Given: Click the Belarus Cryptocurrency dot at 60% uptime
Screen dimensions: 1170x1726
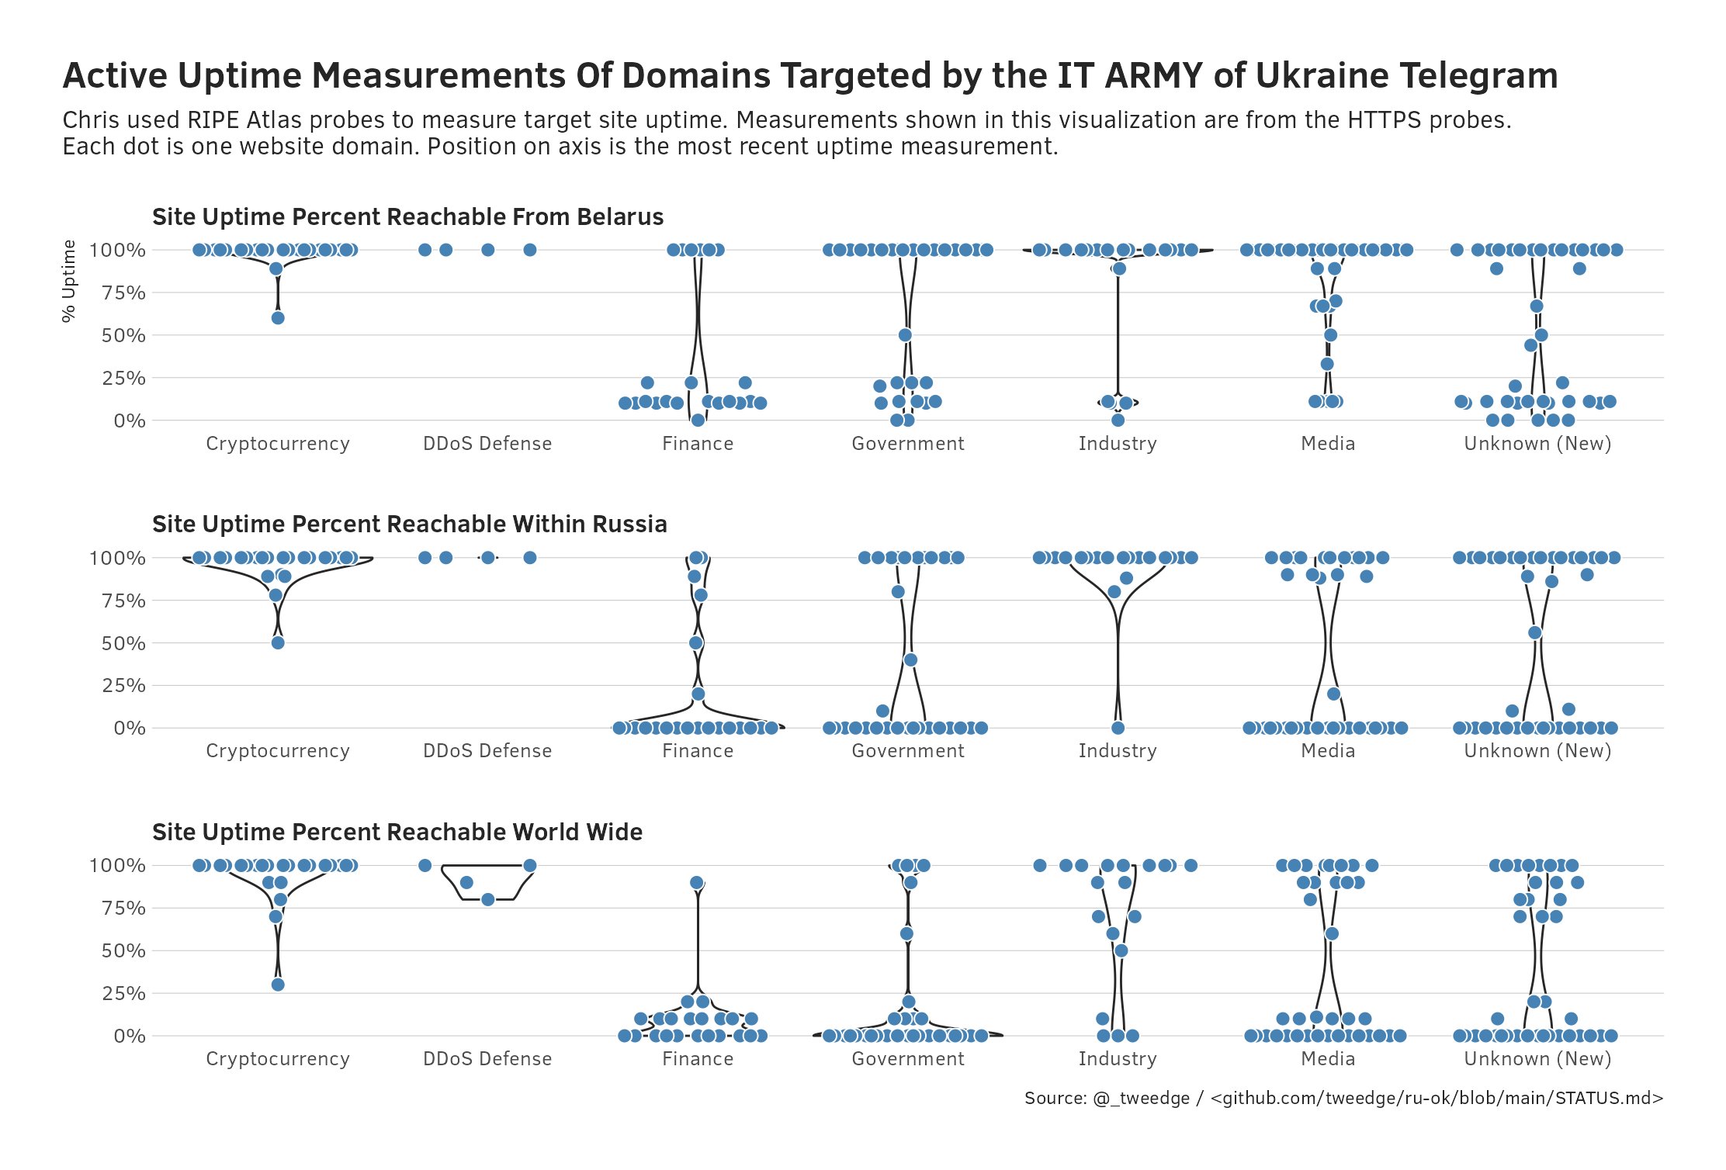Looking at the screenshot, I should point(278,318).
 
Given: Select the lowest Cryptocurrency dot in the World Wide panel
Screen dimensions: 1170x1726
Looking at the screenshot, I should point(278,985).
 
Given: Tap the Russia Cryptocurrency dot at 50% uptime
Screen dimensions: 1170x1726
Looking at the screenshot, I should point(278,642).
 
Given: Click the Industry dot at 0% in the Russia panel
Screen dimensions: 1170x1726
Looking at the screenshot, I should point(1118,728).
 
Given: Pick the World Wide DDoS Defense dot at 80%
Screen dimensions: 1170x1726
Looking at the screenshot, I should point(487,900).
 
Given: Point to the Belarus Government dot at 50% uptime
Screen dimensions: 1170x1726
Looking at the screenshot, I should point(905,335).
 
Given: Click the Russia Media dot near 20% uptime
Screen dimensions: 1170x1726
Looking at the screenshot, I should point(1333,694).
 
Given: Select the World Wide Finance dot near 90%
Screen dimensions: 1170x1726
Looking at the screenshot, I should point(697,883).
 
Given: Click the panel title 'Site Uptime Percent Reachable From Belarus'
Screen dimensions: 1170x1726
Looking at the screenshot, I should point(407,217).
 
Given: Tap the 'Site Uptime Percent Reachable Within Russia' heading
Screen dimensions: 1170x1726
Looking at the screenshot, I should point(409,524).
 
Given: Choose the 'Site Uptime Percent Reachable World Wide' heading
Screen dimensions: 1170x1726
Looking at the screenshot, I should point(397,832).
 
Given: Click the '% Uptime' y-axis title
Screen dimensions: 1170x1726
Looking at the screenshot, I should point(69,281).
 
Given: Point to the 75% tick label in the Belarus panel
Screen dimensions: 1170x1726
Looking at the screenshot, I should point(123,293).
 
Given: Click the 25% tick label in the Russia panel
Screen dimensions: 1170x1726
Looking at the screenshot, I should point(123,686).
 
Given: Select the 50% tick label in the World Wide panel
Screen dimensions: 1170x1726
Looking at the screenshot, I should point(123,951).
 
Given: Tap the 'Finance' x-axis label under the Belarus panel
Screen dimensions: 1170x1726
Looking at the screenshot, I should point(697,444).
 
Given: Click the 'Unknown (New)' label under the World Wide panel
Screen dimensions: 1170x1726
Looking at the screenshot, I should point(1537,1059).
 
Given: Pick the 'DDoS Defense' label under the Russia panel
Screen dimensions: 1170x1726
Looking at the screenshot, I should point(487,751).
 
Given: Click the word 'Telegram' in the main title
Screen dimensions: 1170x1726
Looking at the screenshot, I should point(1478,76).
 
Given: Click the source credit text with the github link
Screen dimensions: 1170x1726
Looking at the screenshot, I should point(1343,1099).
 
